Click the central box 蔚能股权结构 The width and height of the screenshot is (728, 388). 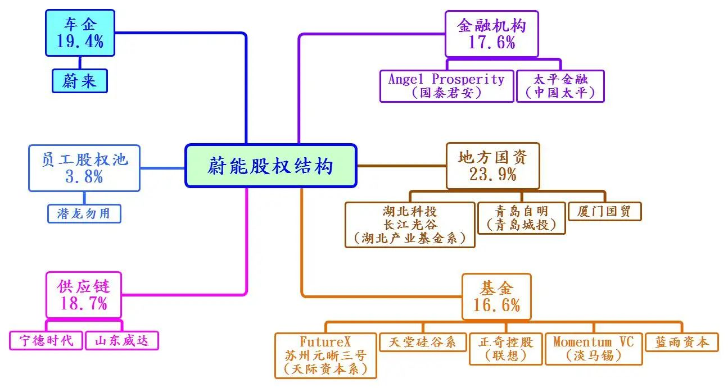click(271, 166)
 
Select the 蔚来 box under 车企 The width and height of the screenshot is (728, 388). click(80, 81)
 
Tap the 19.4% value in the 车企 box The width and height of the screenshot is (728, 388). click(80, 42)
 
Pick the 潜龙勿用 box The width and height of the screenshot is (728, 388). click(84, 213)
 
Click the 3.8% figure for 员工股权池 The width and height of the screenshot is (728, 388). click(84, 177)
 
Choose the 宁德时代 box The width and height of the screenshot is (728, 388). click(46, 341)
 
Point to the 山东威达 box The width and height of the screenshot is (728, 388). click(122, 341)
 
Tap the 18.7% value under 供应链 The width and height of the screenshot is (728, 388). click(84, 303)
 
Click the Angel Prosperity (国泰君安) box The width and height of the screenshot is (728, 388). click(446, 86)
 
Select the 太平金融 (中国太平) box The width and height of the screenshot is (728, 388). click(560, 86)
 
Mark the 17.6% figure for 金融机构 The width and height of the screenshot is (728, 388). click(492, 43)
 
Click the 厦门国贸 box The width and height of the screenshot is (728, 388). click(605, 211)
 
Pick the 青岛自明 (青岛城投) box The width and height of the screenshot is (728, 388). click(522, 218)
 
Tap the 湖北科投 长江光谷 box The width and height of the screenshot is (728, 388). click(410, 225)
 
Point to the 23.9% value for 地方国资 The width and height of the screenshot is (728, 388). click(492, 175)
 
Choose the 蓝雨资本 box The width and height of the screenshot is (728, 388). click(682, 342)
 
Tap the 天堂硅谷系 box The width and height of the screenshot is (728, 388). click(423, 342)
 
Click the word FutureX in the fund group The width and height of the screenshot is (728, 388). click(325, 342)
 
